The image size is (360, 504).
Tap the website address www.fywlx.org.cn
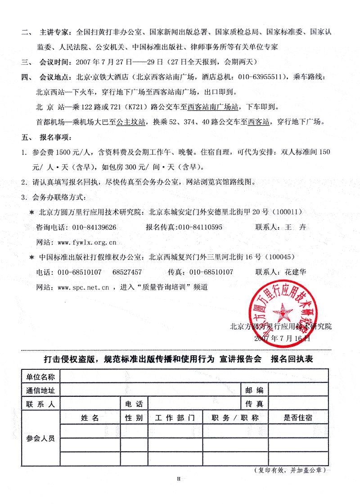point(88,242)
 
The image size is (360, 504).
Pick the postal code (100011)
point(288,211)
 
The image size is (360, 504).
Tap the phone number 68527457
point(127,272)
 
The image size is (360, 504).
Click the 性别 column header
point(134,418)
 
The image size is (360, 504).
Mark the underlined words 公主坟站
point(131,122)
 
